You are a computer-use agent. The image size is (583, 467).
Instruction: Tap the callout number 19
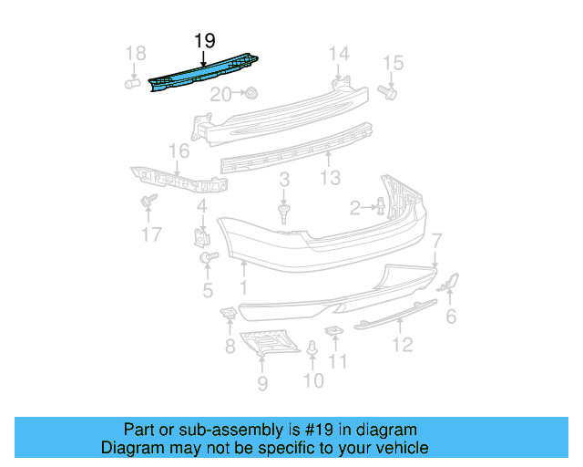pos(204,40)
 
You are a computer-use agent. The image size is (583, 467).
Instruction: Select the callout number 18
pos(135,54)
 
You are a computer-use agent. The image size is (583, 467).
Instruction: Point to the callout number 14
pos(339,53)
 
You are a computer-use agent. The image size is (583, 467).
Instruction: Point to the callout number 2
pos(355,209)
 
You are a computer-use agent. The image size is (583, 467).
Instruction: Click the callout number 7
pos(436,241)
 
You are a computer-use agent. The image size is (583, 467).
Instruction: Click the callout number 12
pos(402,344)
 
